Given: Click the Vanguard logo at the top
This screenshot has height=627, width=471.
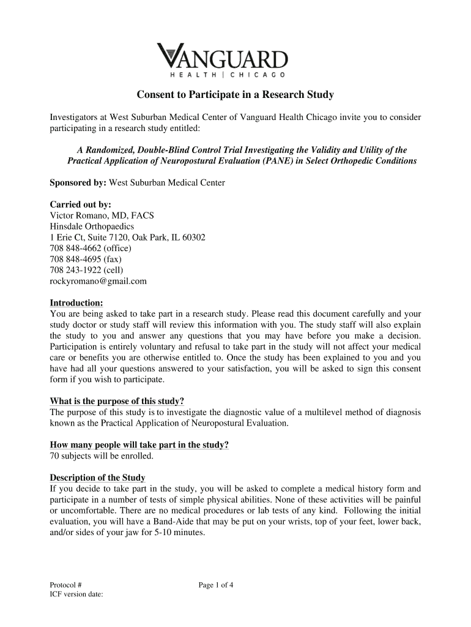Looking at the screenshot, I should (222, 59).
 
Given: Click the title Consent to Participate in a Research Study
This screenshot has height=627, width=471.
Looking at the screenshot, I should (235, 95).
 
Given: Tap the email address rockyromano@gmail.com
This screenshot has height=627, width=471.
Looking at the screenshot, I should (98, 281).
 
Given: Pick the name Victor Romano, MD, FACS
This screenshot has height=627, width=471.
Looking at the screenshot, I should (102, 215).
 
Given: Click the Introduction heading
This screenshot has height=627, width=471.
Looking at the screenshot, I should (76, 303).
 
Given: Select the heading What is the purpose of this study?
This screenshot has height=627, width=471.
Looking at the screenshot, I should (116, 401).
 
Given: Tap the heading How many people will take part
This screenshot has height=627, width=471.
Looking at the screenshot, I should (139, 445).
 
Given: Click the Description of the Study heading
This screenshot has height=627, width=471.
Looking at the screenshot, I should (97, 478).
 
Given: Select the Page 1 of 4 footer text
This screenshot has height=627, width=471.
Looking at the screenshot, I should (216, 585).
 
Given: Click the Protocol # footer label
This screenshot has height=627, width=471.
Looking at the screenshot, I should (65, 585).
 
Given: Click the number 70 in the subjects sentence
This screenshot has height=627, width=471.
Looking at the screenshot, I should (54, 456).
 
